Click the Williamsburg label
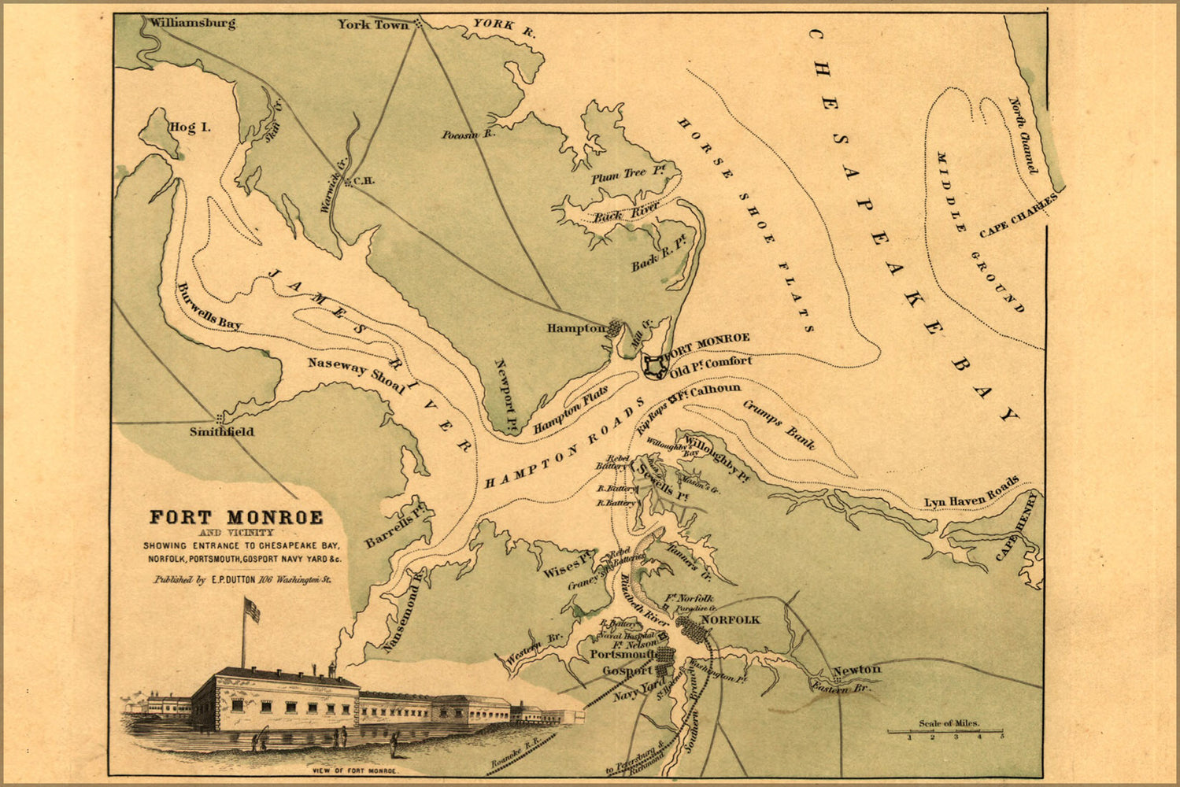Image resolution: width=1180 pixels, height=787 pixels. [x=193, y=23]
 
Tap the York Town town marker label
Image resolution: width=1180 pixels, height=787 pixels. [x=373, y=24]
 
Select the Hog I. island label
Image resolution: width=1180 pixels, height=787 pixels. [x=190, y=127]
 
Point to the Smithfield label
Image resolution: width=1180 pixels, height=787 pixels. [x=221, y=431]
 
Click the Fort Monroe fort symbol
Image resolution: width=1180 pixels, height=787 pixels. [x=653, y=366]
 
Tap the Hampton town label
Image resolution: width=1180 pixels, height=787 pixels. [x=576, y=328]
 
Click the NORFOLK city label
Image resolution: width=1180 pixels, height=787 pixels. [x=730, y=619]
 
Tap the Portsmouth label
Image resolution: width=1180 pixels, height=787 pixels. [x=623, y=655]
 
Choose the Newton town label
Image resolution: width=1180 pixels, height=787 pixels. [x=856, y=670]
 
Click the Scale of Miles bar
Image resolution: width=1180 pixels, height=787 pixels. [x=945, y=731]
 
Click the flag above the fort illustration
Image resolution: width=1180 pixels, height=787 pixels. [x=251, y=609]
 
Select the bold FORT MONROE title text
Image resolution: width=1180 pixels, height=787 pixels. [x=236, y=517]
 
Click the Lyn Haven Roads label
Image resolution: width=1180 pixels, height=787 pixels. [x=971, y=492]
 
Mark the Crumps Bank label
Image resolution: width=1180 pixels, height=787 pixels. [x=779, y=423]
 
